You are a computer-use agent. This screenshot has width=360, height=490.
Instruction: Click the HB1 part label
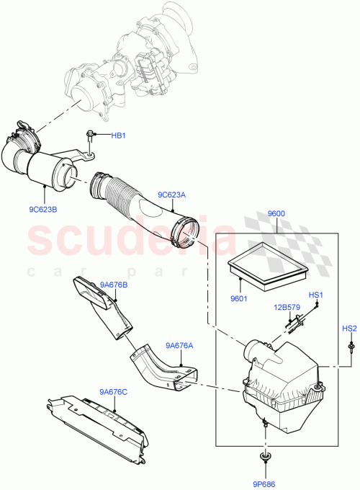coord(118,135)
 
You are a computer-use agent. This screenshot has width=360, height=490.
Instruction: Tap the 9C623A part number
coord(172,194)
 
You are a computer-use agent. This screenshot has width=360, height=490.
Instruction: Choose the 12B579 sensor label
coord(287,308)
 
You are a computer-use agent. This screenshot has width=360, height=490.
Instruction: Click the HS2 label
coord(349,329)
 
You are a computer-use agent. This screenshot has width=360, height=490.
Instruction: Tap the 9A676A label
coord(179,345)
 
